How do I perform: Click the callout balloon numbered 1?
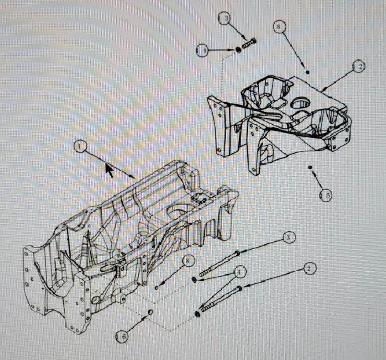click(x=80, y=146)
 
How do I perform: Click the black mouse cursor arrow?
click(x=109, y=170)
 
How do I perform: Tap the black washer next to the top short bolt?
click(x=238, y=49)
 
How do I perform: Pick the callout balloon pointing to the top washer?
click(x=203, y=50)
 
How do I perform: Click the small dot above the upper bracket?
click(x=308, y=72)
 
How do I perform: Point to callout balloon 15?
click(x=326, y=195)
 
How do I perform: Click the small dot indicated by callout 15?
click(x=311, y=167)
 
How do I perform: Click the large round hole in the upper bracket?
click(x=300, y=103)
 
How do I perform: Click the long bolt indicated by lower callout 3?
click(x=219, y=263)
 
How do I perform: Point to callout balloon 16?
click(x=122, y=336)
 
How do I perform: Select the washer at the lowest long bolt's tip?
click(x=197, y=314)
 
